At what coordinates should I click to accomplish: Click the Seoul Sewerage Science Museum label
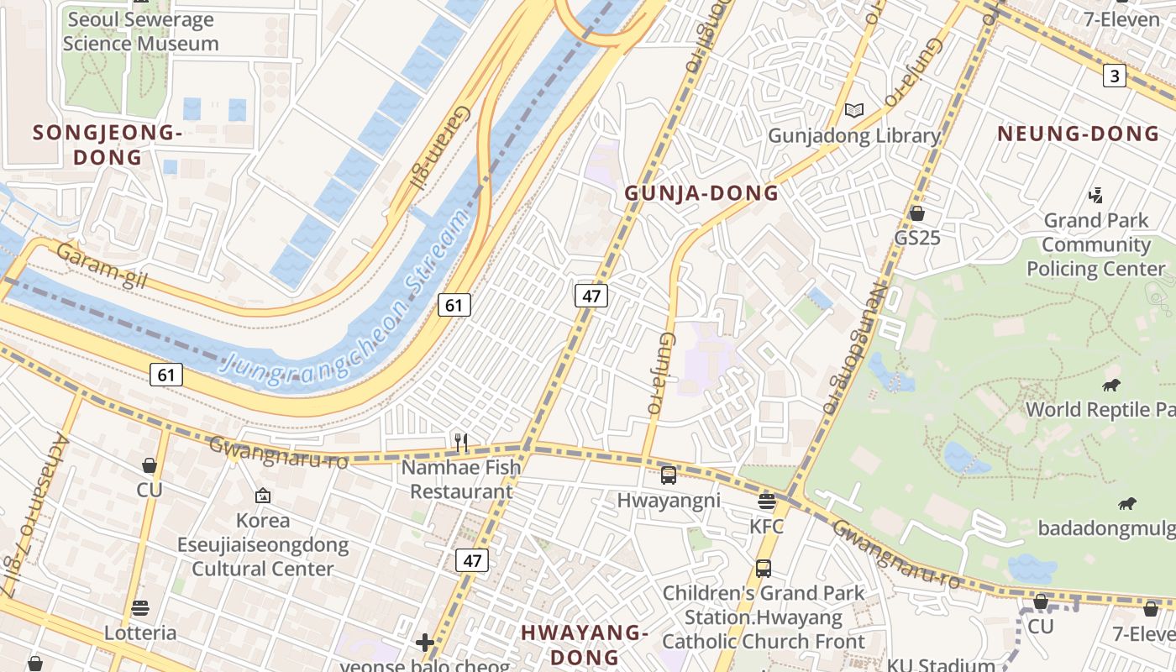[x=140, y=32]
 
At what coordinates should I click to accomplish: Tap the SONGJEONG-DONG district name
[x=108, y=144]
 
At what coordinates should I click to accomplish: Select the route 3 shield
[x=1114, y=76]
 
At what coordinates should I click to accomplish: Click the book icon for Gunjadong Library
[x=854, y=111]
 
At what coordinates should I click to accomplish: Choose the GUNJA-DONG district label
[x=701, y=193]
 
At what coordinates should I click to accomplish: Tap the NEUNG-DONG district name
[x=1079, y=134]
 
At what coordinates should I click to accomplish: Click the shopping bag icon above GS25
[x=917, y=213]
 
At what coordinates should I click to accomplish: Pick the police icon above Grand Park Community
[x=1095, y=196]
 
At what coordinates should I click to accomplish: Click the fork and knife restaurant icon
[x=460, y=442]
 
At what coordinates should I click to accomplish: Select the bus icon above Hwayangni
[x=669, y=475]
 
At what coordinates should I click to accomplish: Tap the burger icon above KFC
[x=766, y=501]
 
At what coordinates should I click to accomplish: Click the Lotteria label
[x=140, y=633]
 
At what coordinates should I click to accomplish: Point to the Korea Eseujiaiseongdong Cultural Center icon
[x=263, y=496]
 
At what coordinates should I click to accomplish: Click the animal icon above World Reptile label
[x=1111, y=386]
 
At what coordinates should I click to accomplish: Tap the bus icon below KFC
[x=763, y=568]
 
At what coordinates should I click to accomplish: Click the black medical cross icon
[x=425, y=643]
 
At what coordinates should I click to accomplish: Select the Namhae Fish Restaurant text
[x=461, y=480]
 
